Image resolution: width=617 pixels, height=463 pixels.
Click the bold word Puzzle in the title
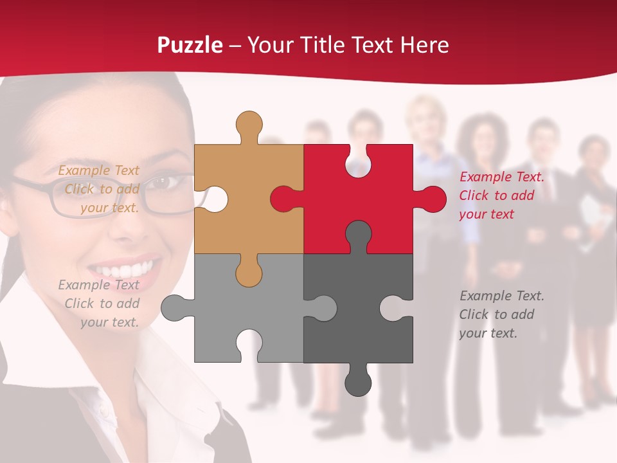pos(190,45)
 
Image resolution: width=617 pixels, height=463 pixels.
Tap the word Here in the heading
pos(425,45)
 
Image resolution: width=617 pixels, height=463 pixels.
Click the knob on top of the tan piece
pos(249,126)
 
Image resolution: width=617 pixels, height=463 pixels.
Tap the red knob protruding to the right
pos(431,199)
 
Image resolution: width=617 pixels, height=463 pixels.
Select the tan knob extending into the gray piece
pos(249,272)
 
